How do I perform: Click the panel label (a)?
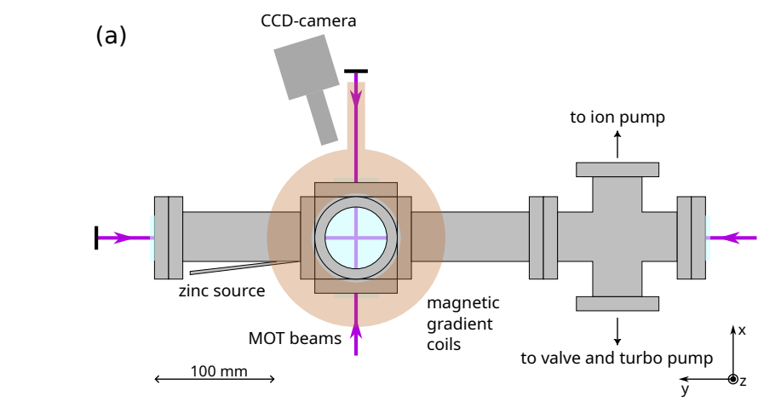click(x=112, y=35)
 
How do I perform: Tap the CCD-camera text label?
click(x=308, y=20)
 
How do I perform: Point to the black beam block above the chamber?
click(x=356, y=71)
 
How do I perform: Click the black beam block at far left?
click(x=96, y=238)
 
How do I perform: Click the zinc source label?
click(x=221, y=290)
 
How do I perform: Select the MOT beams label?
click(x=295, y=338)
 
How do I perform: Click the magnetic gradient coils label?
click(x=462, y=324)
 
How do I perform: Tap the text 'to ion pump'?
click(x=617, y=118)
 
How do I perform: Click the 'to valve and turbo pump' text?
click(x=617, y=358)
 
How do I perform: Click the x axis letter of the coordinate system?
click(x=742, y=330)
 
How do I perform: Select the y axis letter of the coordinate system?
click(x=684, y=389)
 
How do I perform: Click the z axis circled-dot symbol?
click(x=732, y=379)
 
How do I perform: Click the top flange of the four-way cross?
click(x=618, y=169)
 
